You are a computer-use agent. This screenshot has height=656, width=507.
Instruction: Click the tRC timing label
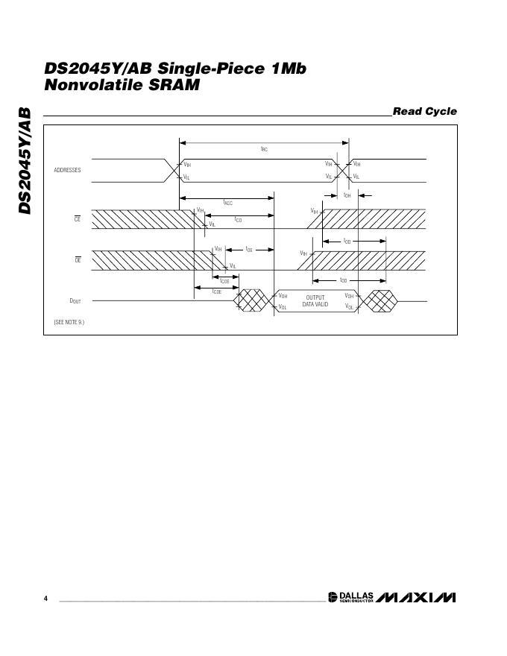[x=264, y=149]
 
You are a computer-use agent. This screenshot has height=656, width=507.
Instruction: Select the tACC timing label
[x=228, y=203]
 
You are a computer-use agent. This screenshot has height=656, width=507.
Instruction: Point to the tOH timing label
[x=347, y=195]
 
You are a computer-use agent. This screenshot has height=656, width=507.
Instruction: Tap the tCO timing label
[x=238, y=220]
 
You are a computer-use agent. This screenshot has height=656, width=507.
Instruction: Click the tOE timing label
[x=249, y=249]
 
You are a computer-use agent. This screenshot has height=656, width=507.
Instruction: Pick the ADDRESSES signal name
[x=67, y=171]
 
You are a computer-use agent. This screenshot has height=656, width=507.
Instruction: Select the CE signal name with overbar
[x=77, y=219]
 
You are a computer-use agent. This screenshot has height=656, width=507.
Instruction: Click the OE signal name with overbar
[x=77, y=259]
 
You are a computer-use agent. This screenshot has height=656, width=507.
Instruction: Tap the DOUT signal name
[x=75, y=301]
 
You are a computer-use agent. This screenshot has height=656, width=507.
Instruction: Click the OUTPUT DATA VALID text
[x=315, y=301]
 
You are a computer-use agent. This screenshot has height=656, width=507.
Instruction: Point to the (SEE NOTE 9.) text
[x=69, y=322]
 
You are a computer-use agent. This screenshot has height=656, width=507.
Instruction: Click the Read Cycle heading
[x=424, y=112]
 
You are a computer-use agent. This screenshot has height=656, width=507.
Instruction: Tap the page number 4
[x=45, y=599]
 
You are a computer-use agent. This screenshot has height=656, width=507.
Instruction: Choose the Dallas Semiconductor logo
[x=350, y=598]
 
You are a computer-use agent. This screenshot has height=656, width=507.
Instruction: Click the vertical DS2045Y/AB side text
[x=25, y=160]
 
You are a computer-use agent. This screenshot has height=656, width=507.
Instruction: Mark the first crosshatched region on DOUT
[x=251, y=300]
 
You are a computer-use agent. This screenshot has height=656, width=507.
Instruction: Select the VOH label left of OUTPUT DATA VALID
[x=283, y=296]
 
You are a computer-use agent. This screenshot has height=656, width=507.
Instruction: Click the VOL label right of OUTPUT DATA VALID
[x=349, y=306]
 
